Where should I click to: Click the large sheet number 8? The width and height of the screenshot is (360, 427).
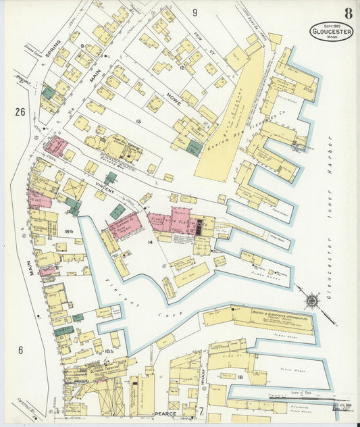347,13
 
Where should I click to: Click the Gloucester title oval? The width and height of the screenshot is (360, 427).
331,32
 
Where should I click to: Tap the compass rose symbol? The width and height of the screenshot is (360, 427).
312,299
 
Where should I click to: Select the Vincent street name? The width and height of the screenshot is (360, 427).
91,184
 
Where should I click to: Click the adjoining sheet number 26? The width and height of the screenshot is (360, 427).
20,111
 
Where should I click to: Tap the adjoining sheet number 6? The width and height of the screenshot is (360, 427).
20,349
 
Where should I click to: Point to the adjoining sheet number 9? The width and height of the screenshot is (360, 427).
195,12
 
